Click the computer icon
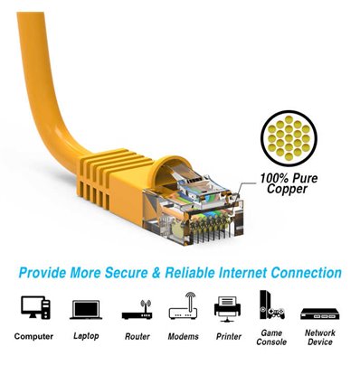(x=34, y=308)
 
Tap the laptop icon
(x=86, y=309)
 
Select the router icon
(x=137, y=309)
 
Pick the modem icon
(x=183, y=307)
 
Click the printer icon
(x=228, y=308)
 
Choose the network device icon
(x=319, y=313)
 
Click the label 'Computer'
(x=34, y=336)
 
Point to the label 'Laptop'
(x=86, y=336)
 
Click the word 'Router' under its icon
(x=137, y=336)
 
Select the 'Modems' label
(x=183, y=336)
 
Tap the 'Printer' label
(x=228, y=336)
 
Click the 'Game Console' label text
(x=270, y=337)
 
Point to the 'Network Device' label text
(x=319, y=337)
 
